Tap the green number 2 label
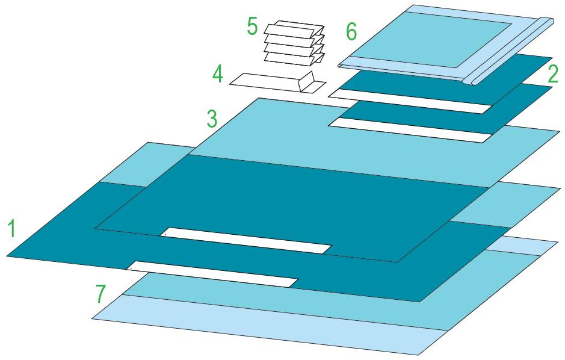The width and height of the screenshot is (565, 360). (553, 73)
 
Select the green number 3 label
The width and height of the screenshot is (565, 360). (211, 119)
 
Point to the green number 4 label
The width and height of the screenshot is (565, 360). (218, 75)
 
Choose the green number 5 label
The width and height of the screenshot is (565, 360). (252, 27)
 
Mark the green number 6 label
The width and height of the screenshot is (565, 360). (351, 31)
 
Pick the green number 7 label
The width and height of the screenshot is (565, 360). (101, 294)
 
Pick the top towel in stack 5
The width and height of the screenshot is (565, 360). (295, 29)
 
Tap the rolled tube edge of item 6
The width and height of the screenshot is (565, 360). (511, 51)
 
